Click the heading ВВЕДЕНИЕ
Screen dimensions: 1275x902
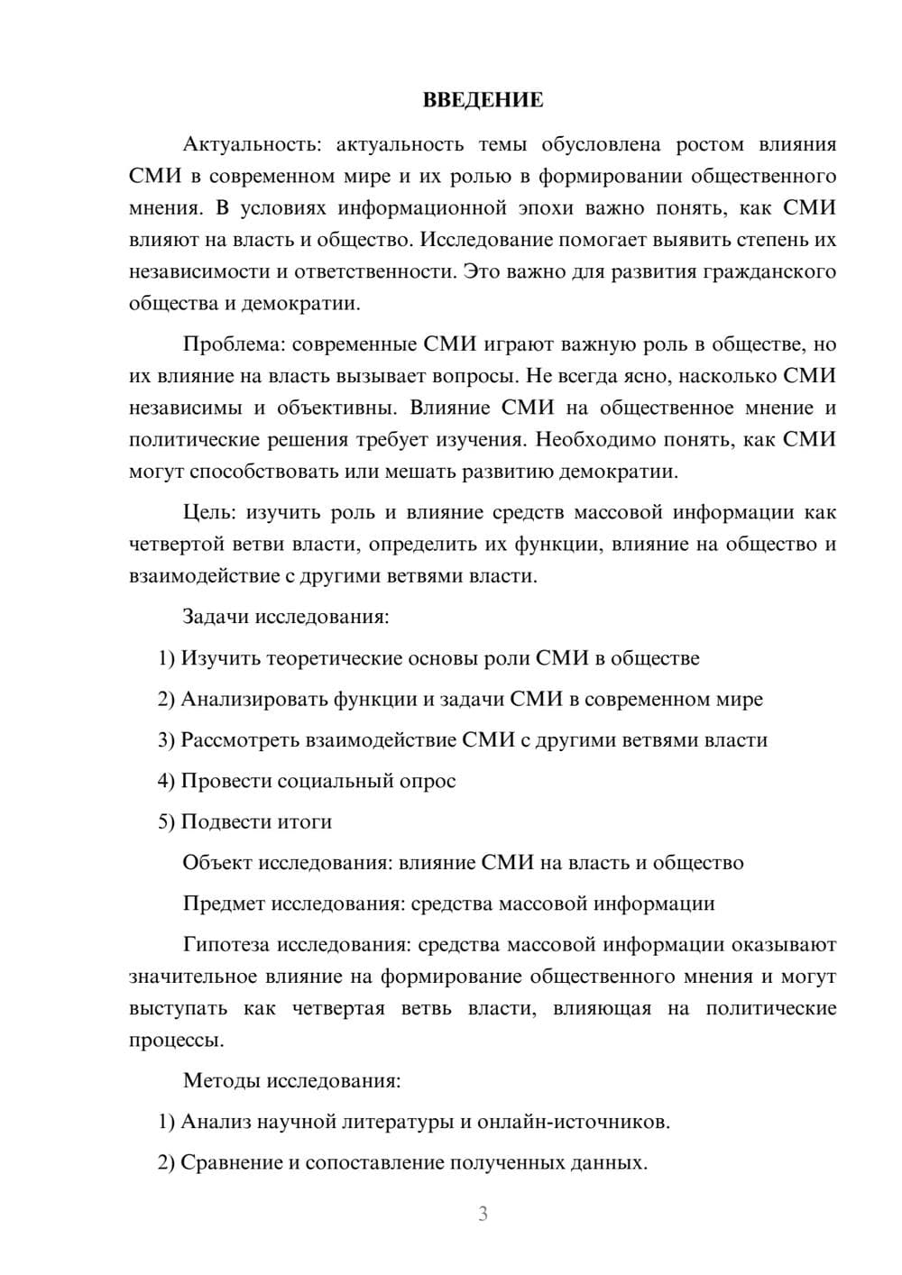(483, 100)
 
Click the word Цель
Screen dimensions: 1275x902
(209, 512)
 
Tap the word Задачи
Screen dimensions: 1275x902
(216, 618)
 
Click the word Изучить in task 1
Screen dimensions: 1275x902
(222, 658)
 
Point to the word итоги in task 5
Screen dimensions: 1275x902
(301, 821)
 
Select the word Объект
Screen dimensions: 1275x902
(216, 863)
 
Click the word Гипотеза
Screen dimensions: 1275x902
(226, 945)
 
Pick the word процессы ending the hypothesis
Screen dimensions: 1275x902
(176, 1041)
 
